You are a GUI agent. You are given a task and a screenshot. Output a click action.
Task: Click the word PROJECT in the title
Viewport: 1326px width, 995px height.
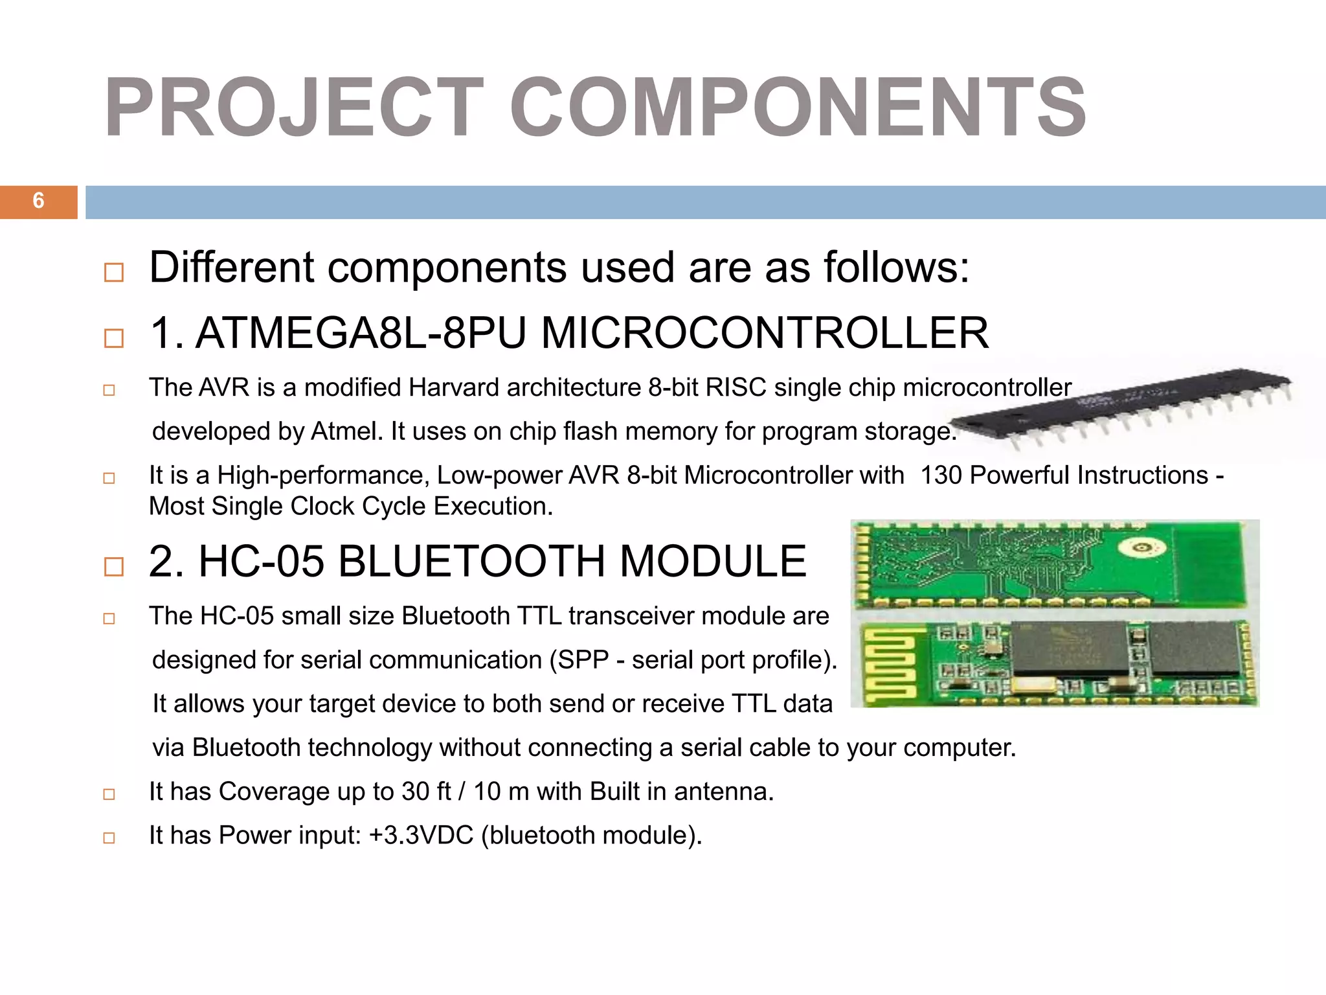click(295, 108)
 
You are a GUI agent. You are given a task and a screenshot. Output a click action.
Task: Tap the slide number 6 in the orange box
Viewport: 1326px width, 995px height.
click(38, 201)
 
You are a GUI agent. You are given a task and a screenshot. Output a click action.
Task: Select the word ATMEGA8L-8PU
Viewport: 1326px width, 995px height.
click(361, 333)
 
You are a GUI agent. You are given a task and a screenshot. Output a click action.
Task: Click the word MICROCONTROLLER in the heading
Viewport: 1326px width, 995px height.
click(765, 333)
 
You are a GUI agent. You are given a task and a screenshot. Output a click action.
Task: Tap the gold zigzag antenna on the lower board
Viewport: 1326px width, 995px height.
click(891, 664)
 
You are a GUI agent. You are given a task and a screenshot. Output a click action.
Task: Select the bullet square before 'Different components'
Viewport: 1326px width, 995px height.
click(114, 272)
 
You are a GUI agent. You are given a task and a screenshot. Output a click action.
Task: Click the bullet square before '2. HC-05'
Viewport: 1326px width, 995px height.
click(114, 566)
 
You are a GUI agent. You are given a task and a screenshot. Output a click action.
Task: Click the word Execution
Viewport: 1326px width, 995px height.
click(493, 507)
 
